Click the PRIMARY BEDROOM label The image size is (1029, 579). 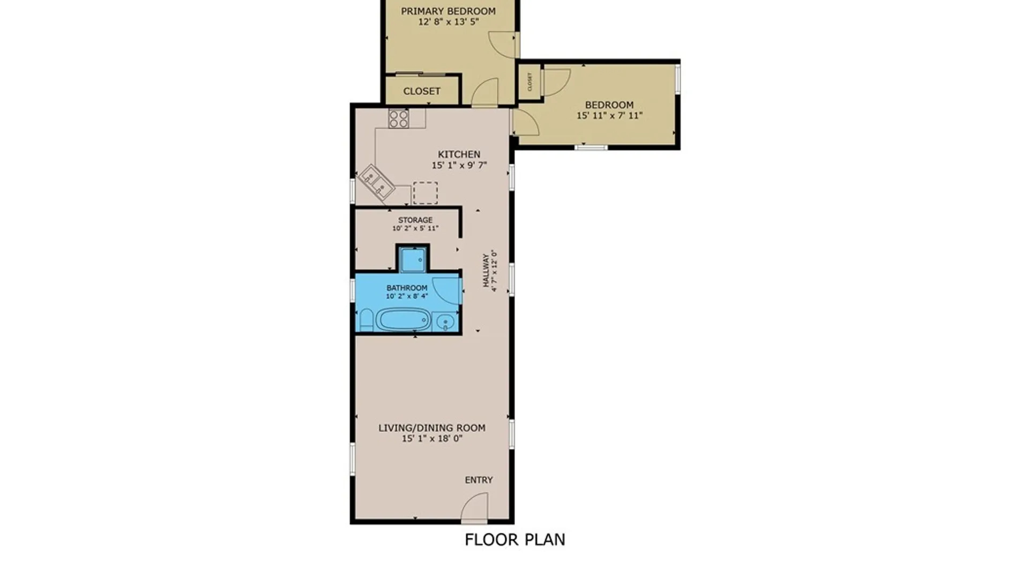pos(448,11)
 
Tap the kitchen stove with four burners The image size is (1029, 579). pos(399,118)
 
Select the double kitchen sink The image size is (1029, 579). pos(377,183)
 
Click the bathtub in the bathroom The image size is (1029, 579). pos(404,320)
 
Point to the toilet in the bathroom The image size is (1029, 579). pos(367,320)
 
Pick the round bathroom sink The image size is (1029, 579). pos(445,322)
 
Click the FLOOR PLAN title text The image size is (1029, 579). pos(514,539)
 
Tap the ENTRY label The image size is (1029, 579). pos(478,480)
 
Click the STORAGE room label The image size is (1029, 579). pos(415,220)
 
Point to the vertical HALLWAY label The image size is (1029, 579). pos(486,271)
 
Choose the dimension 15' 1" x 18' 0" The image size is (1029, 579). pos(432,439)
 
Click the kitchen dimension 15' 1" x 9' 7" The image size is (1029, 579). pos(459,165)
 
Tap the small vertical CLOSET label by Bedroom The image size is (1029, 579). pos(530,82)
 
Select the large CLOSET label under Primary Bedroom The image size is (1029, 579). pos(422,91)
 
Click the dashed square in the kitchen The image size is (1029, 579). pos(425,193)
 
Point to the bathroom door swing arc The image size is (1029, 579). pos(446,290)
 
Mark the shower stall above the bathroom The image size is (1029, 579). pos(413,259)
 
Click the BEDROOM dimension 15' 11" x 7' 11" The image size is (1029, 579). pos(609,115)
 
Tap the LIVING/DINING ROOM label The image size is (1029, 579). pos(432,428)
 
